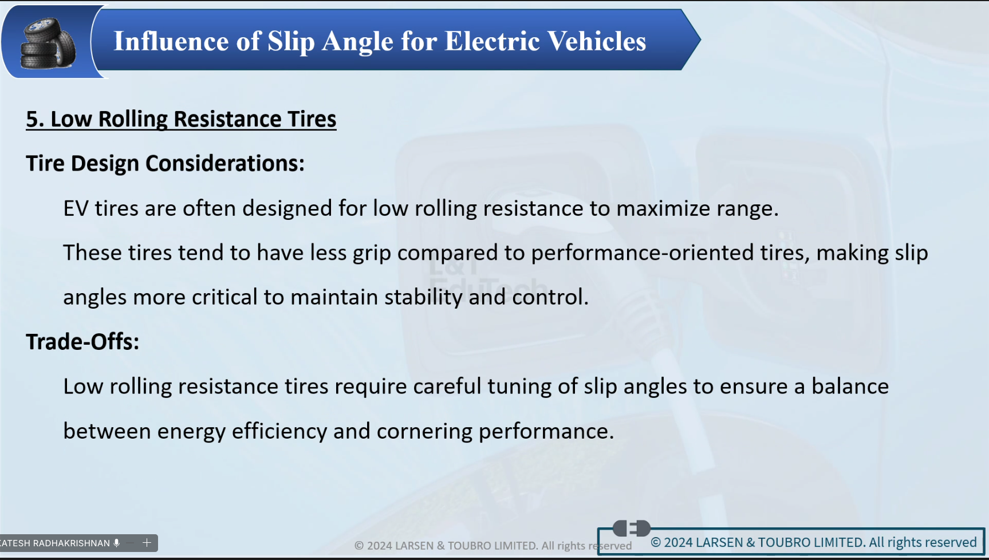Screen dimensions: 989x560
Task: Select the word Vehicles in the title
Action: [597, 41]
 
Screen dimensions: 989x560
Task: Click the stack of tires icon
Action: [48, 43]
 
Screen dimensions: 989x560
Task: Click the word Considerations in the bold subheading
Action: [224, 164]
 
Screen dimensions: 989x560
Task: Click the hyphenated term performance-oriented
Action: [643, 253]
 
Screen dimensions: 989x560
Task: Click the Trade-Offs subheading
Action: [82, 342]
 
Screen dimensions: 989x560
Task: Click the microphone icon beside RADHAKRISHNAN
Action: [117, 543]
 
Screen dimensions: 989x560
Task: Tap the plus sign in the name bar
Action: [147, 542]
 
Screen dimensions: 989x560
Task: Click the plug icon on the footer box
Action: [631, 528]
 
